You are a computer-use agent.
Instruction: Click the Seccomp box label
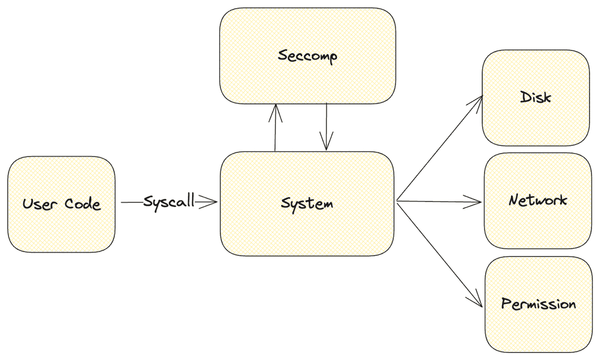tap(308, 56)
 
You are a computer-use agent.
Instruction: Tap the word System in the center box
tap(307, 203)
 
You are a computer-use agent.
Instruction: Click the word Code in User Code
tap(83, 204)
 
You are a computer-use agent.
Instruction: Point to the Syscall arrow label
tap(169, 202)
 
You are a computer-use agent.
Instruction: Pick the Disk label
tap(536, 97)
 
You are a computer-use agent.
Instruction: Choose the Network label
tap(538, 201)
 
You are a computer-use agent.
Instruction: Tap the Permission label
tap(538, 304)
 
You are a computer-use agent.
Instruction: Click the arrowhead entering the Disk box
tap(478, 101)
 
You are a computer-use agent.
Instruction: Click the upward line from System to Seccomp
tap(275, 132)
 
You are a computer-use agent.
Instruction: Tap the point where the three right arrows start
tap(397, 202)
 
